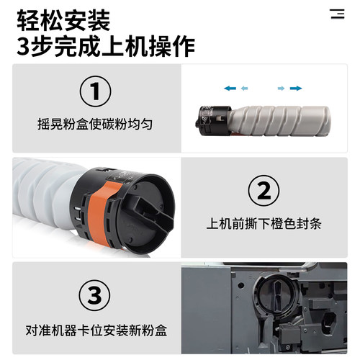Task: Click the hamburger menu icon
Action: coord(337,14)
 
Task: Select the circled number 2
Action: coord(264,191)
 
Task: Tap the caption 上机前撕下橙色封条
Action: coord(264,222)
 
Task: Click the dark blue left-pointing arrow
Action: coord(230,88)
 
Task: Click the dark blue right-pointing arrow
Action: coord(296,88)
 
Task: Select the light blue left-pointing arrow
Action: coord(245,88)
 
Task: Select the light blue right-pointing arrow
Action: coord(281,88)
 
